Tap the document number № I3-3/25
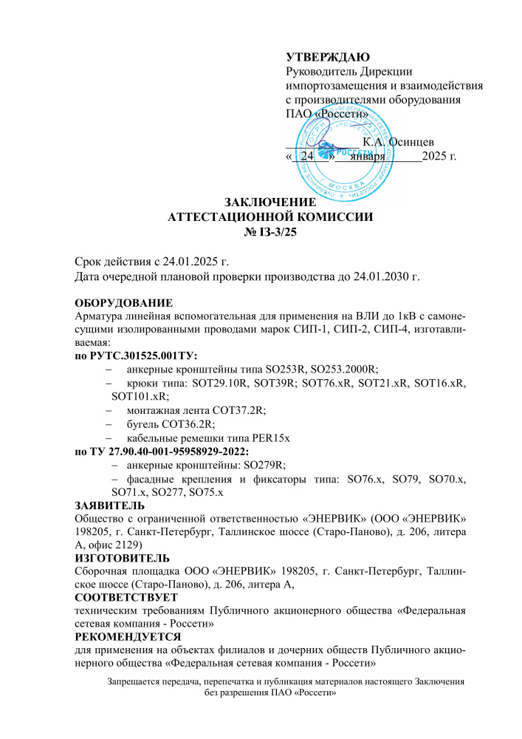tap(270, 232)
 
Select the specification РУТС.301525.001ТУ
tap(145, 355)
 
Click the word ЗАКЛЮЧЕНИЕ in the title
tap(269, 202)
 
